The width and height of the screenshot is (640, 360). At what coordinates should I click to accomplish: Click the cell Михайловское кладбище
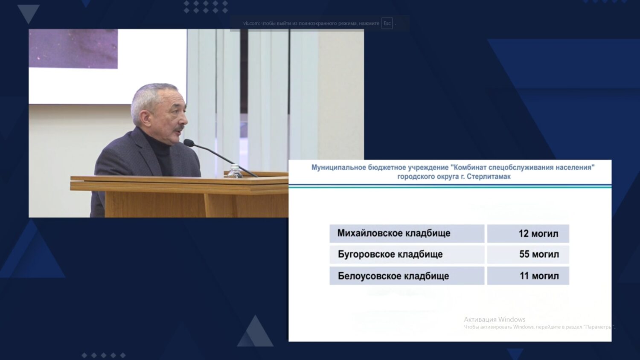coord(407,233)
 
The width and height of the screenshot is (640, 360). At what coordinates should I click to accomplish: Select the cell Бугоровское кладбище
coord(407,254)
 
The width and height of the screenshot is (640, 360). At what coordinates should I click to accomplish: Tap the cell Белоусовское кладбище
coord(407,276)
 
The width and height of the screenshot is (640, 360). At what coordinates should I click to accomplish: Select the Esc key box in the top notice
coord(387,23)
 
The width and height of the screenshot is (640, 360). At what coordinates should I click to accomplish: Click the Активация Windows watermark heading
coord(494,319)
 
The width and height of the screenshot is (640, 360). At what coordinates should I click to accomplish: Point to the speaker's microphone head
coord(188,142)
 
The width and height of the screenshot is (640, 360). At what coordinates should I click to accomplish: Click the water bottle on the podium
coord(235,171)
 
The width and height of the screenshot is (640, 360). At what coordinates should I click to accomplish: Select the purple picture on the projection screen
coord(73,49)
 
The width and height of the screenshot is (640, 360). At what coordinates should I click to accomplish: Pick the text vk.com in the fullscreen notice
coord(251,23)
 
